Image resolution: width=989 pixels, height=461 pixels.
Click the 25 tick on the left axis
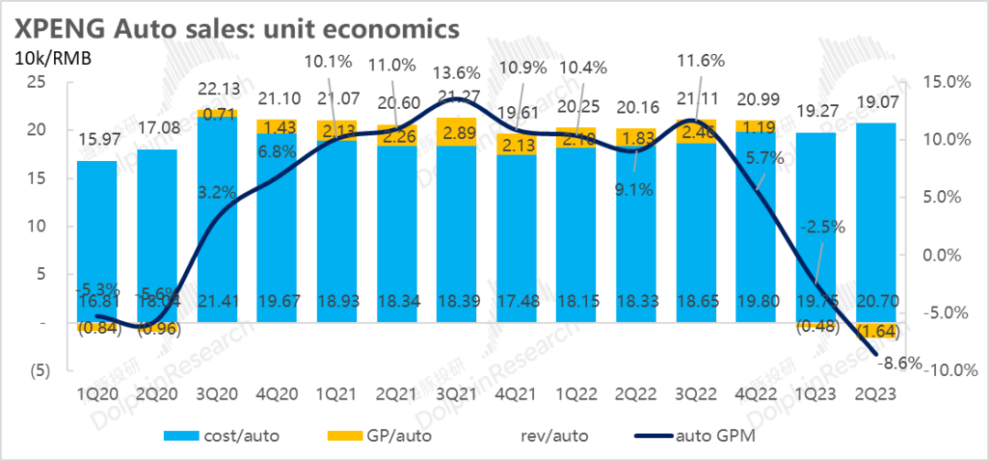click(x=36, y=81)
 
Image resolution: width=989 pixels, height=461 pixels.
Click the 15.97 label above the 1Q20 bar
click(x=97, y=142)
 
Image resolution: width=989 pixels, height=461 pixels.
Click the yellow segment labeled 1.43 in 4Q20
click(x=276, y=126)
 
